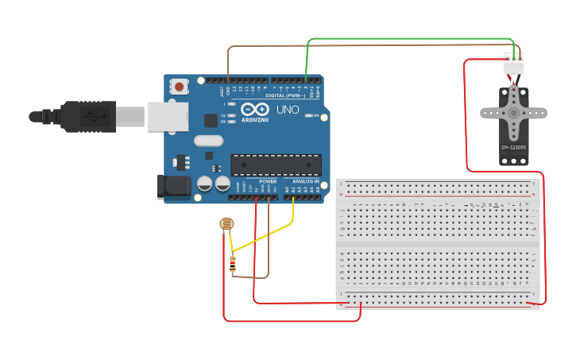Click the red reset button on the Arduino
[180, 86]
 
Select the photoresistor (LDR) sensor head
[226, 225]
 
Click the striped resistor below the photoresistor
[232, 264]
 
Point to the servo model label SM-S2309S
[513, 148]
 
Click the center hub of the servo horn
[513, 113]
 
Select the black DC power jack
[174, 187]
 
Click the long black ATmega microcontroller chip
[276, 165]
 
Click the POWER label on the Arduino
[267, 181]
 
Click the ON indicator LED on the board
[309, 115]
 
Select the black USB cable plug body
[88, 116]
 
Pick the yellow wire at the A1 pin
[293, 208]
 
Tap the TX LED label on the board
[223, 116]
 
